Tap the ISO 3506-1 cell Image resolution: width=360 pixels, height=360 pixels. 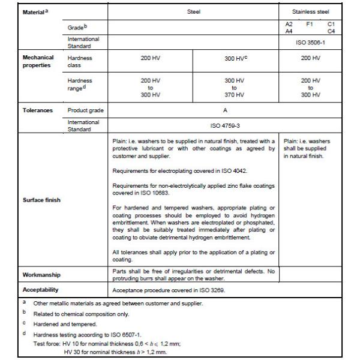pos(308,42)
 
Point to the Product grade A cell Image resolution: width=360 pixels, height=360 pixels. pos(234,110)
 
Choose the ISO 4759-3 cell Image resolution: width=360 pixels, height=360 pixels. pos(234,126)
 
